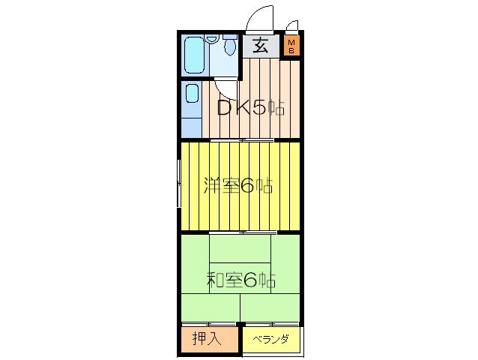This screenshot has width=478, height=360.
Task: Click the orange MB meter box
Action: click(x=291, y=45)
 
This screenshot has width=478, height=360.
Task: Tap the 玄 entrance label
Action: click(x=261, y=46)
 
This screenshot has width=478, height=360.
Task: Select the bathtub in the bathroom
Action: click(x=195, y=55)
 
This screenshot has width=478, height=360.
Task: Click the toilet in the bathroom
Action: click(x=230, y=45)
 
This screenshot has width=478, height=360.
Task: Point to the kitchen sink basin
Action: click(x=193, y=93)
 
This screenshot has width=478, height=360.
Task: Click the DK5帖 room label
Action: click(x=250, y=108)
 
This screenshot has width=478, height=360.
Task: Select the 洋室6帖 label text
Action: click(x=238, y=185)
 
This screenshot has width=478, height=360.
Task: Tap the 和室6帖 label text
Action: click(x=241, y=280)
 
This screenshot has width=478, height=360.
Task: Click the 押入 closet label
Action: click(x=207, y=338)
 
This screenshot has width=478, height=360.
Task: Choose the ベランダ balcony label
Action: click(x=270, y=339)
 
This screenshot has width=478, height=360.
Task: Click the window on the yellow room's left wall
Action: click(x=179, y=183)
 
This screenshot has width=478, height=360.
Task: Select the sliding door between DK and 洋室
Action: click(x=242, y=140)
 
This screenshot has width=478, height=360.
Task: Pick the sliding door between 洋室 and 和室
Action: click(x=243, y=232)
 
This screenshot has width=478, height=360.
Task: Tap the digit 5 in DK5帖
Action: click(x=259, y=108)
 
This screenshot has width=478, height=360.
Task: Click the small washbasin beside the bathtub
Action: click(x=212, y=39)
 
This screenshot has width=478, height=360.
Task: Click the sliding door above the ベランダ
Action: click(x=272, y=323)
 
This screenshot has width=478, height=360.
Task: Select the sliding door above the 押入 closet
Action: click(x=209, y=323)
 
